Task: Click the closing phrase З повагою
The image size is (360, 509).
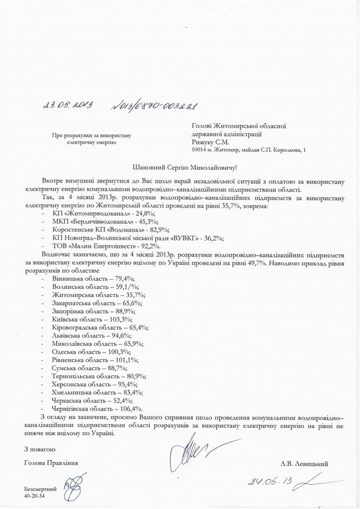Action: click(x=40, y=448)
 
